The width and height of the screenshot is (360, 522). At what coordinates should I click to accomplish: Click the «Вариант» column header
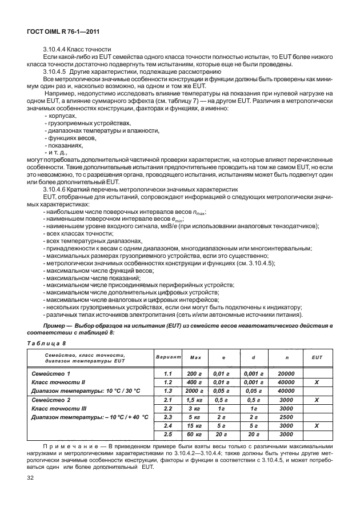168,357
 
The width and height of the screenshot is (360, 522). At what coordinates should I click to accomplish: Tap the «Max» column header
196,357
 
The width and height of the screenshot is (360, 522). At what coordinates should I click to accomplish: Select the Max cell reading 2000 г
196,390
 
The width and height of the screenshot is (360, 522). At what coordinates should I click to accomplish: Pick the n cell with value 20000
287,373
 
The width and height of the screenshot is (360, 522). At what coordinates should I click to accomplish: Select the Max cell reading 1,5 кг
196,400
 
